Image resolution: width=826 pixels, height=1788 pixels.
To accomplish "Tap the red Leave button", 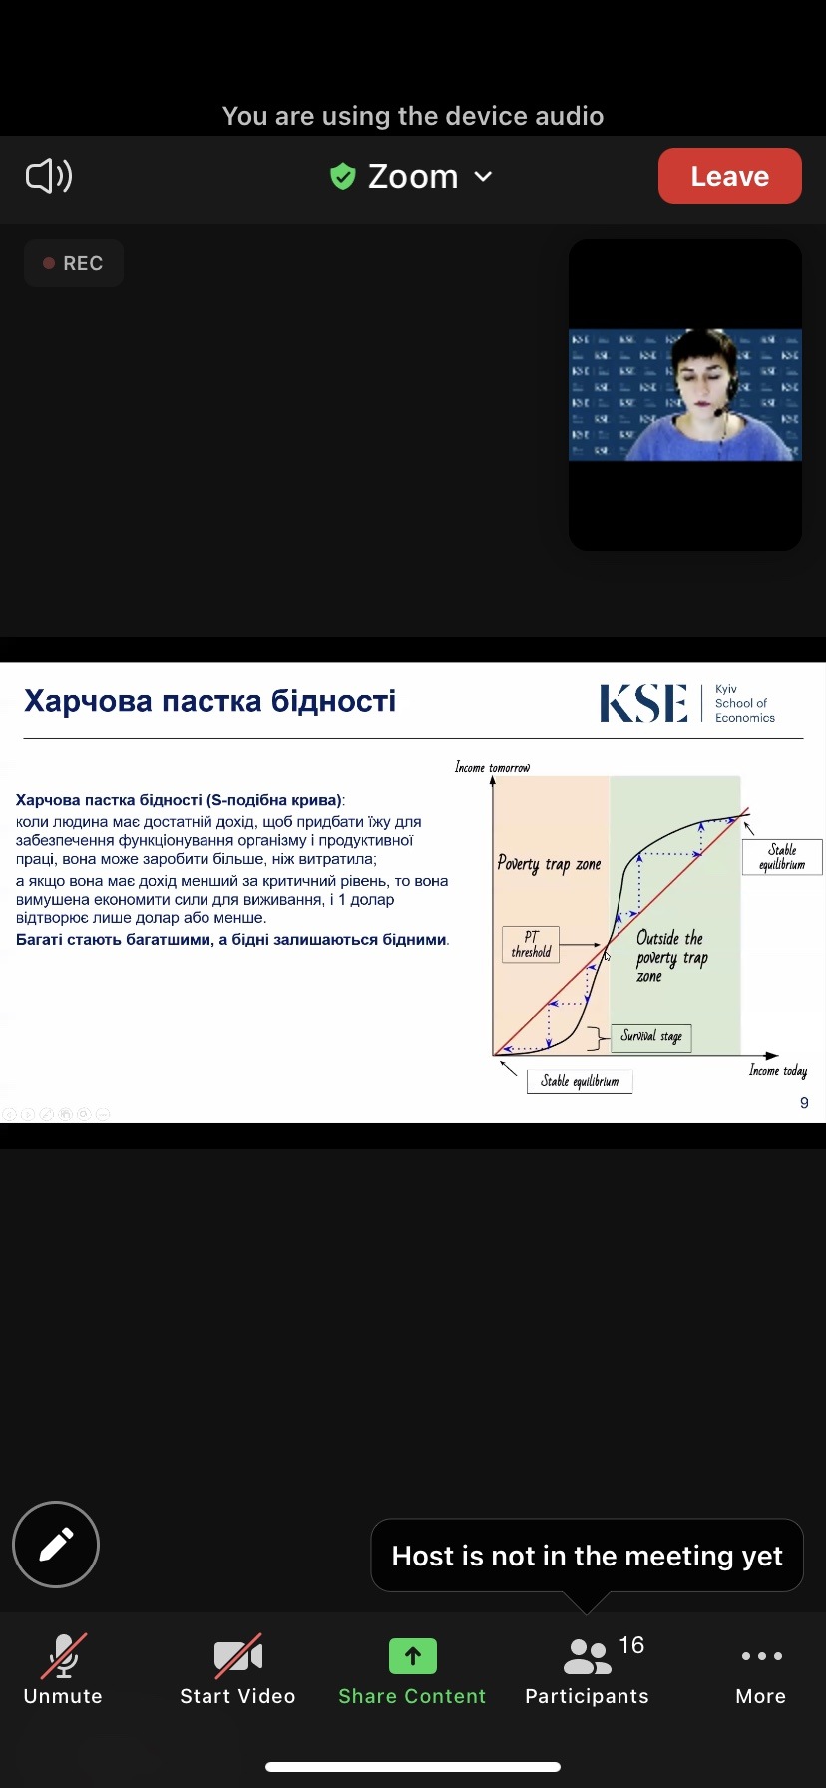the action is pyautogui.click(x=729, y=176).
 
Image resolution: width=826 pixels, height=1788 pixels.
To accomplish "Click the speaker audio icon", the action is pyautogui.click(x=49, y=176).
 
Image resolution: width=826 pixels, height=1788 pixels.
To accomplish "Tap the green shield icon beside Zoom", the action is pyautogui.click(x=343, y=177).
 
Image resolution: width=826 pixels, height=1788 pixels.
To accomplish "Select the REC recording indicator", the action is pyautogui.click(x=74, y=263).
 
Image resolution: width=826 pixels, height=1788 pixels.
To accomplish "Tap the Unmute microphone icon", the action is pyautogui.click(x=63, y=1657).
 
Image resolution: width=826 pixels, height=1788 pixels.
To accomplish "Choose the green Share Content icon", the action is pyautogui.click(x=412, y=1656).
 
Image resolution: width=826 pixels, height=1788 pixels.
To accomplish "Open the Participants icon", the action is pyautogui.click(x=587, y=1657).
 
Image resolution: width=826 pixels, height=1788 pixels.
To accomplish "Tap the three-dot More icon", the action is pyautogui.click(x=761, y=1656).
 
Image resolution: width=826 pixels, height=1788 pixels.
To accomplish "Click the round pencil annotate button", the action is pyautogui.click(x=56, y=1544).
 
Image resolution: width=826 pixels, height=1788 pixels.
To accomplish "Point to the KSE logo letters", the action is pyautogui.click(x=643, y=703).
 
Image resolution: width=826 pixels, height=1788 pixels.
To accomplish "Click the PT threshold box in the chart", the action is pyautogui.click(x=531, y=944).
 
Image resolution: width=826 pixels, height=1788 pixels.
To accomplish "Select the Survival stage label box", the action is pyautogui.click(x=651, y=1037).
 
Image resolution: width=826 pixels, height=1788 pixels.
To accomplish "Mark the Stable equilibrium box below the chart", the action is pyautogui.click(x=580, y=1081).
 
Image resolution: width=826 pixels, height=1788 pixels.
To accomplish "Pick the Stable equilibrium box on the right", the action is pyautogui.click(x=782, y=857).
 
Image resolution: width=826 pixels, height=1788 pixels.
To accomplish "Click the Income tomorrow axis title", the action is pyautogui.click(x=493, y=767).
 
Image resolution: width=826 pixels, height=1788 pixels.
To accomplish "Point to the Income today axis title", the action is pyautogui.click(x=778, y=1070).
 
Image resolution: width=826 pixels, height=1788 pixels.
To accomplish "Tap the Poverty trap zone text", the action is pyautogui.click(x=549, y=864).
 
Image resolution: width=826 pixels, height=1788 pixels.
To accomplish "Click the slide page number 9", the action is pyautogui.click(x=804, y=1103).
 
